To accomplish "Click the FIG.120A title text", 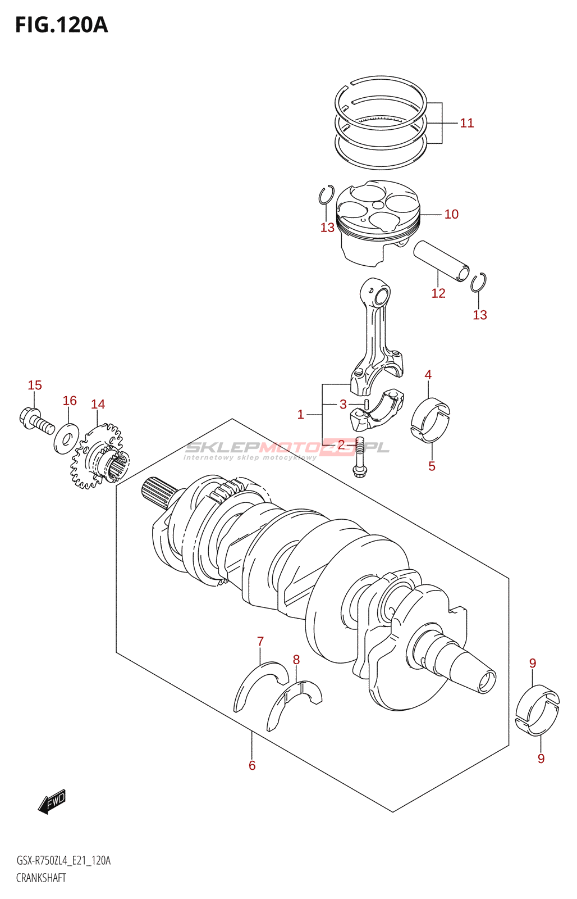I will [x=61, y=25].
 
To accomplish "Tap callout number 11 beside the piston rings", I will [x=466, y=123].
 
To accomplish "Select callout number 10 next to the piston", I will [x=451, y=214].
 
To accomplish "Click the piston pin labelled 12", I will [x=441, y=262].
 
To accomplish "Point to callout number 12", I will [x=438, y=293].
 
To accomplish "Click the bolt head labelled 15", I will [x=29, y=417].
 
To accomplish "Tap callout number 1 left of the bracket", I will [x=300, y=415].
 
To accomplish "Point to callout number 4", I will [x=428, y=374].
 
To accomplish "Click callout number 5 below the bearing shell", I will [x=432, y=466].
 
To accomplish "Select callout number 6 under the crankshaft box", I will [x=252, y=765].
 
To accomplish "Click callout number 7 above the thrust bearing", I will [x=260, y=641].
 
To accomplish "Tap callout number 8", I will [x=296, y=660].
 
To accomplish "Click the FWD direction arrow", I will [x=52, y=802].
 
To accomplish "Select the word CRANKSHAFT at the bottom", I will [x=41, y=878].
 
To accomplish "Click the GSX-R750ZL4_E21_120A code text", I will [x=63, y=861].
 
